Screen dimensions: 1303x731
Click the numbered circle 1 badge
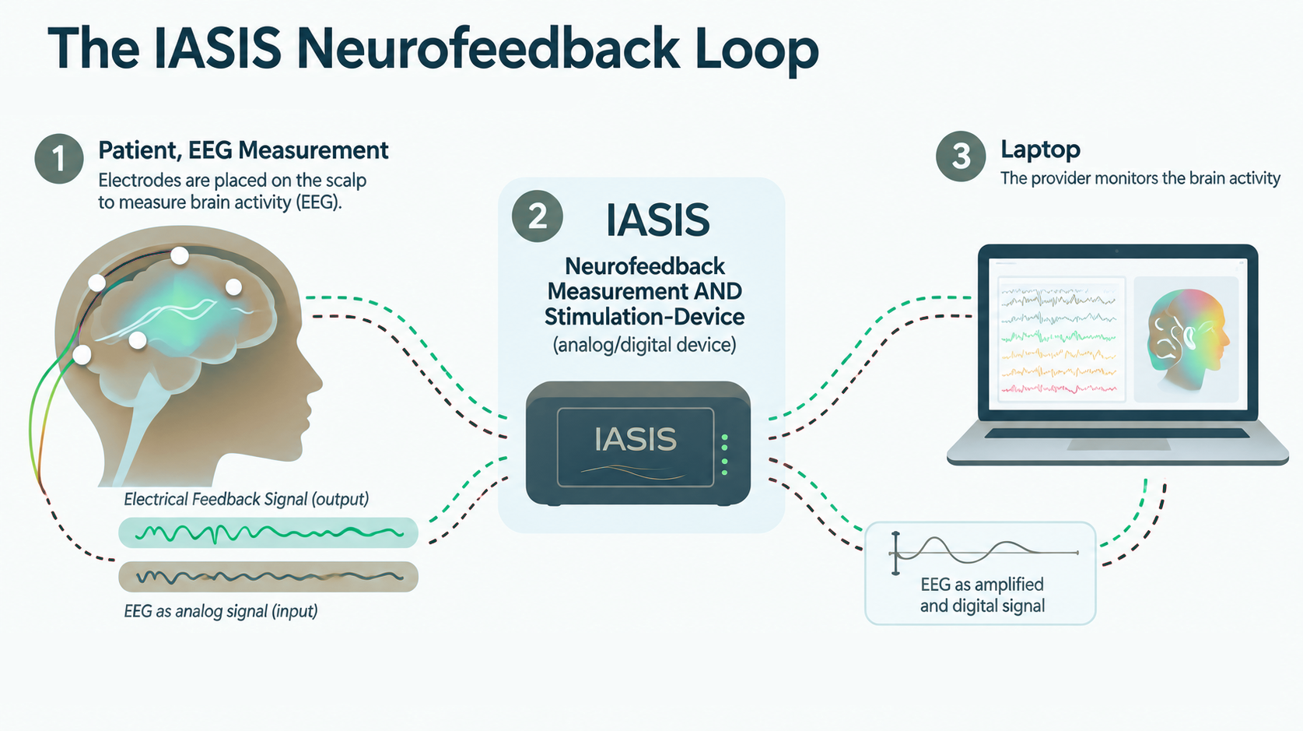coord(59,159)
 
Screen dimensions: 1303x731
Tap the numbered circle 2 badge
coord(537,216)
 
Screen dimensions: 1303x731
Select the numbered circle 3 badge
coord(961,156)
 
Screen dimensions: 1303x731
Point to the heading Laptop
coord(1040,150)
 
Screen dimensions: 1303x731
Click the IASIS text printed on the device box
coord(636,439)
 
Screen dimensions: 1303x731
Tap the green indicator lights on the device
coord(724,455)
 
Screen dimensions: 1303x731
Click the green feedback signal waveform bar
coord(268,532)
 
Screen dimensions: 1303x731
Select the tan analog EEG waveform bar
coord(268,577)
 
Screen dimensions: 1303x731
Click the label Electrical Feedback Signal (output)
coord(246,499)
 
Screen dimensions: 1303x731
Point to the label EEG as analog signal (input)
coord(220,611)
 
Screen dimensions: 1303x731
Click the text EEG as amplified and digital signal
coord(983,595)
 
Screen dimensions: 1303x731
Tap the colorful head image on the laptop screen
coord(1186,339)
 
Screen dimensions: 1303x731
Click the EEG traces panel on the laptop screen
coord(1062,339)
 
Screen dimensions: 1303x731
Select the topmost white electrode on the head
coord(180,255)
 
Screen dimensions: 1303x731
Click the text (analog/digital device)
coord(644,345)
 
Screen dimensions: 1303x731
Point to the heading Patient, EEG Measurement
coord(243,150)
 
